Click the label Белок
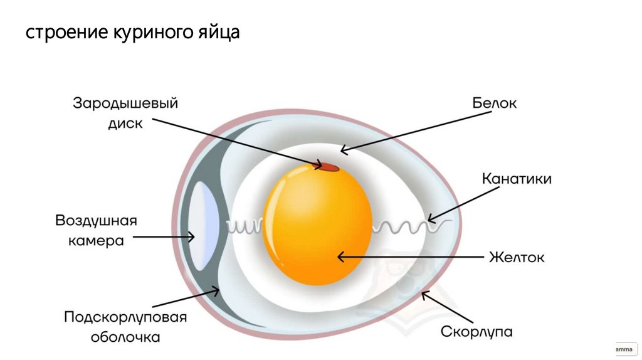click(x=494, y=103)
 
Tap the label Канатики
click(x=517, y=179)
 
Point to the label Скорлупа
click(x=477, y=331)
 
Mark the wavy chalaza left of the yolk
click(x=245, y=225)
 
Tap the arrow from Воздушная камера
click(x=163, y=237)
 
